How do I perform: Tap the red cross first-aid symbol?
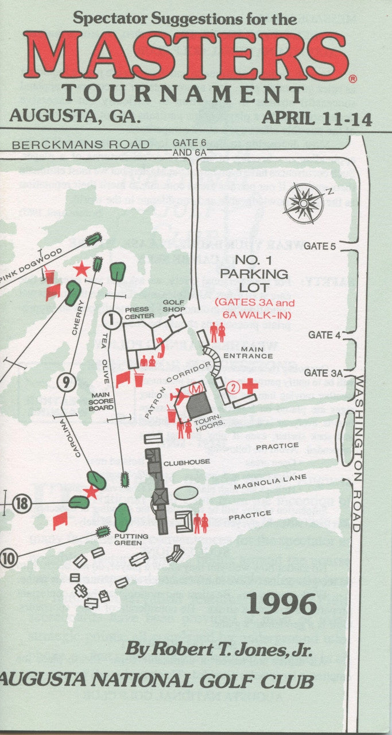point(250,386)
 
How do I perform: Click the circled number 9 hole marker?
point(66,382)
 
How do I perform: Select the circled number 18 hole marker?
point(21,504)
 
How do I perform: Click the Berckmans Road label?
point(80,145)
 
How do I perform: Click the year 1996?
point(281,604)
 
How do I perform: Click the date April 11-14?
point(317,118)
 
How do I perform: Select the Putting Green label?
point(131,539)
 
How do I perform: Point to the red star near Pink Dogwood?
point(81,268)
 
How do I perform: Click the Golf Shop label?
point(173,305)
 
